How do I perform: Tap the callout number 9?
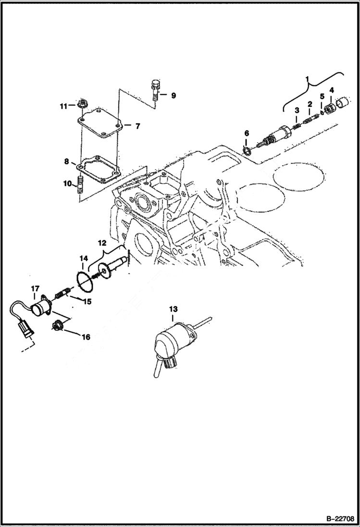[x=174, y=96]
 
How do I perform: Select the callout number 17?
[x=35, y=289]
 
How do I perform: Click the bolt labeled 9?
[x=154, y=91]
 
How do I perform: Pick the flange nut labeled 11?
[x=81, y=104]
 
